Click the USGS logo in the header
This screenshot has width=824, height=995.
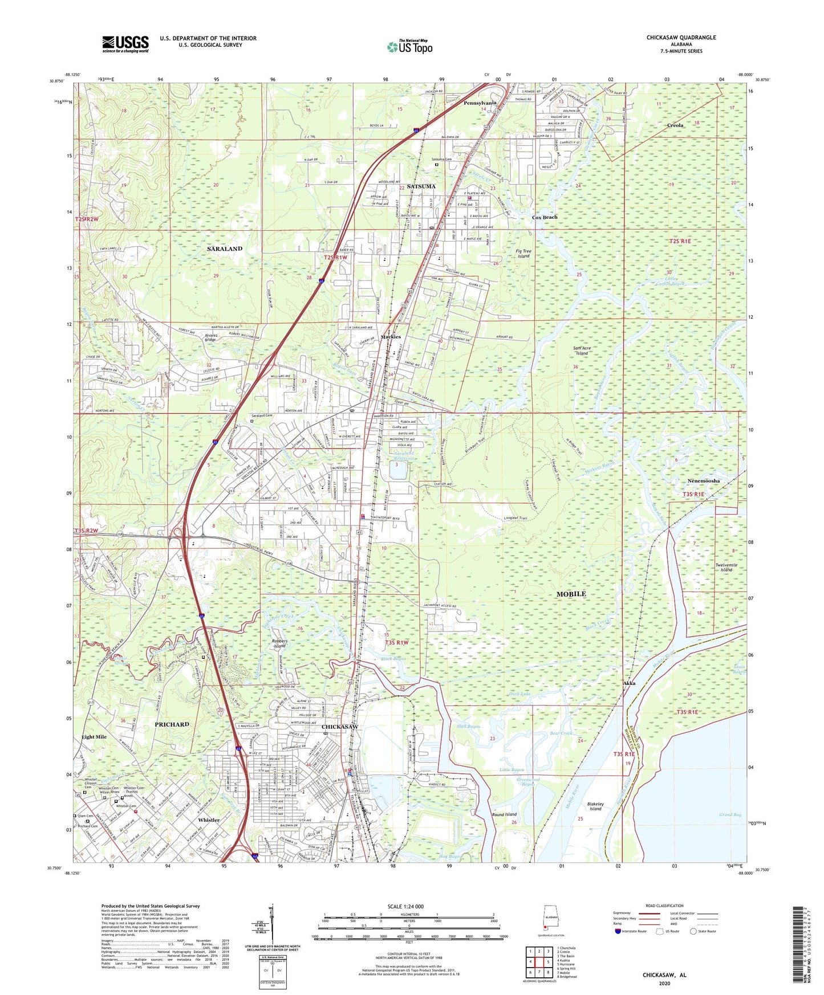pyautogui.click(x=125, y=44)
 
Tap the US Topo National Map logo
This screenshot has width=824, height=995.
pyautogui.click(x=409, y=47)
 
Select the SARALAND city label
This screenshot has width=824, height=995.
pyautogui.click(x=224, y=249)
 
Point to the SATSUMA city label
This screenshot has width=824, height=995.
pyautogui.click(x=421, y=186)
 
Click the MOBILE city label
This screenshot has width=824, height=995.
pyautogui.click(x=571, y=594)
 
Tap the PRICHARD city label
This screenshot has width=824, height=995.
pyautogui.click(x=172, y=724)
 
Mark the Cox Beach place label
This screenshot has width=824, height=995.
pyautogui.click(x=545, y=218)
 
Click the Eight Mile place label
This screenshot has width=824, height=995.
pyautogui.click(x=94, y=737)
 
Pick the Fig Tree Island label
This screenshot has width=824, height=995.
pyautogui.click(x=523, y=254)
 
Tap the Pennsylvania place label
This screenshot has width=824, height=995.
pyautogui.click(x=480, y=103)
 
